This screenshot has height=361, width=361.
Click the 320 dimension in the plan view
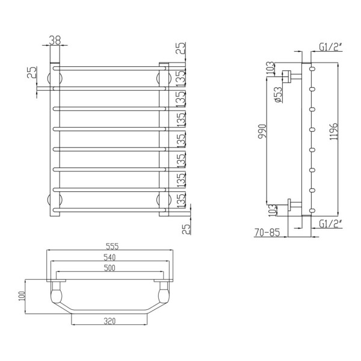point(109,321)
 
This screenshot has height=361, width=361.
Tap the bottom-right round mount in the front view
point(161,199)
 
